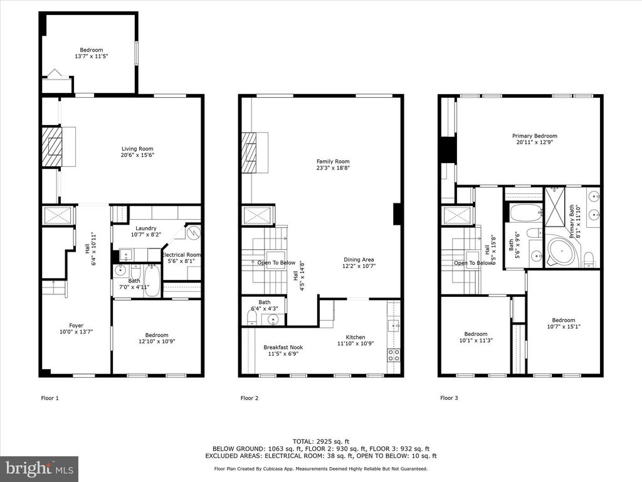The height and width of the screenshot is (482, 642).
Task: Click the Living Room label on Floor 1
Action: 137,149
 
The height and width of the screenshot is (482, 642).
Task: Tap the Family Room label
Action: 333,161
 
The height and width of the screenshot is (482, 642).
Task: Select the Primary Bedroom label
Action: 535,136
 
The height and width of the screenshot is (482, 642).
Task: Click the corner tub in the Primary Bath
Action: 559,250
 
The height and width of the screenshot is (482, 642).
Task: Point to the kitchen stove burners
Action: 394,355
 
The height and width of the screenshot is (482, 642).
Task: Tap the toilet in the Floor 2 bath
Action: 252,317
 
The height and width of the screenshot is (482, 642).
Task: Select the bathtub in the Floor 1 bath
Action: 152,281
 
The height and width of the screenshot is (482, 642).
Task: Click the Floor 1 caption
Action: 50,398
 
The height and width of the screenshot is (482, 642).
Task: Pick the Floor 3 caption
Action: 449,398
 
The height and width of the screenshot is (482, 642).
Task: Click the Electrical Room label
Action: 181,255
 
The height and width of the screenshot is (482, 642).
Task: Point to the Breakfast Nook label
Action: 283,348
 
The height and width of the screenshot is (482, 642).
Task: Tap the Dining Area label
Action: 359,259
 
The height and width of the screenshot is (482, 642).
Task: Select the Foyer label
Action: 76,326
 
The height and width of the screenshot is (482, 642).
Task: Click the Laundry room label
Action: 145,228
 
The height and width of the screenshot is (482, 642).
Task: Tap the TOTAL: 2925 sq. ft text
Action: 321,441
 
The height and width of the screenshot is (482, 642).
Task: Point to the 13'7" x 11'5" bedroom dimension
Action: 92,56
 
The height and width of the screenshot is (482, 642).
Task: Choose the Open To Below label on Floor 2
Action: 276,263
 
